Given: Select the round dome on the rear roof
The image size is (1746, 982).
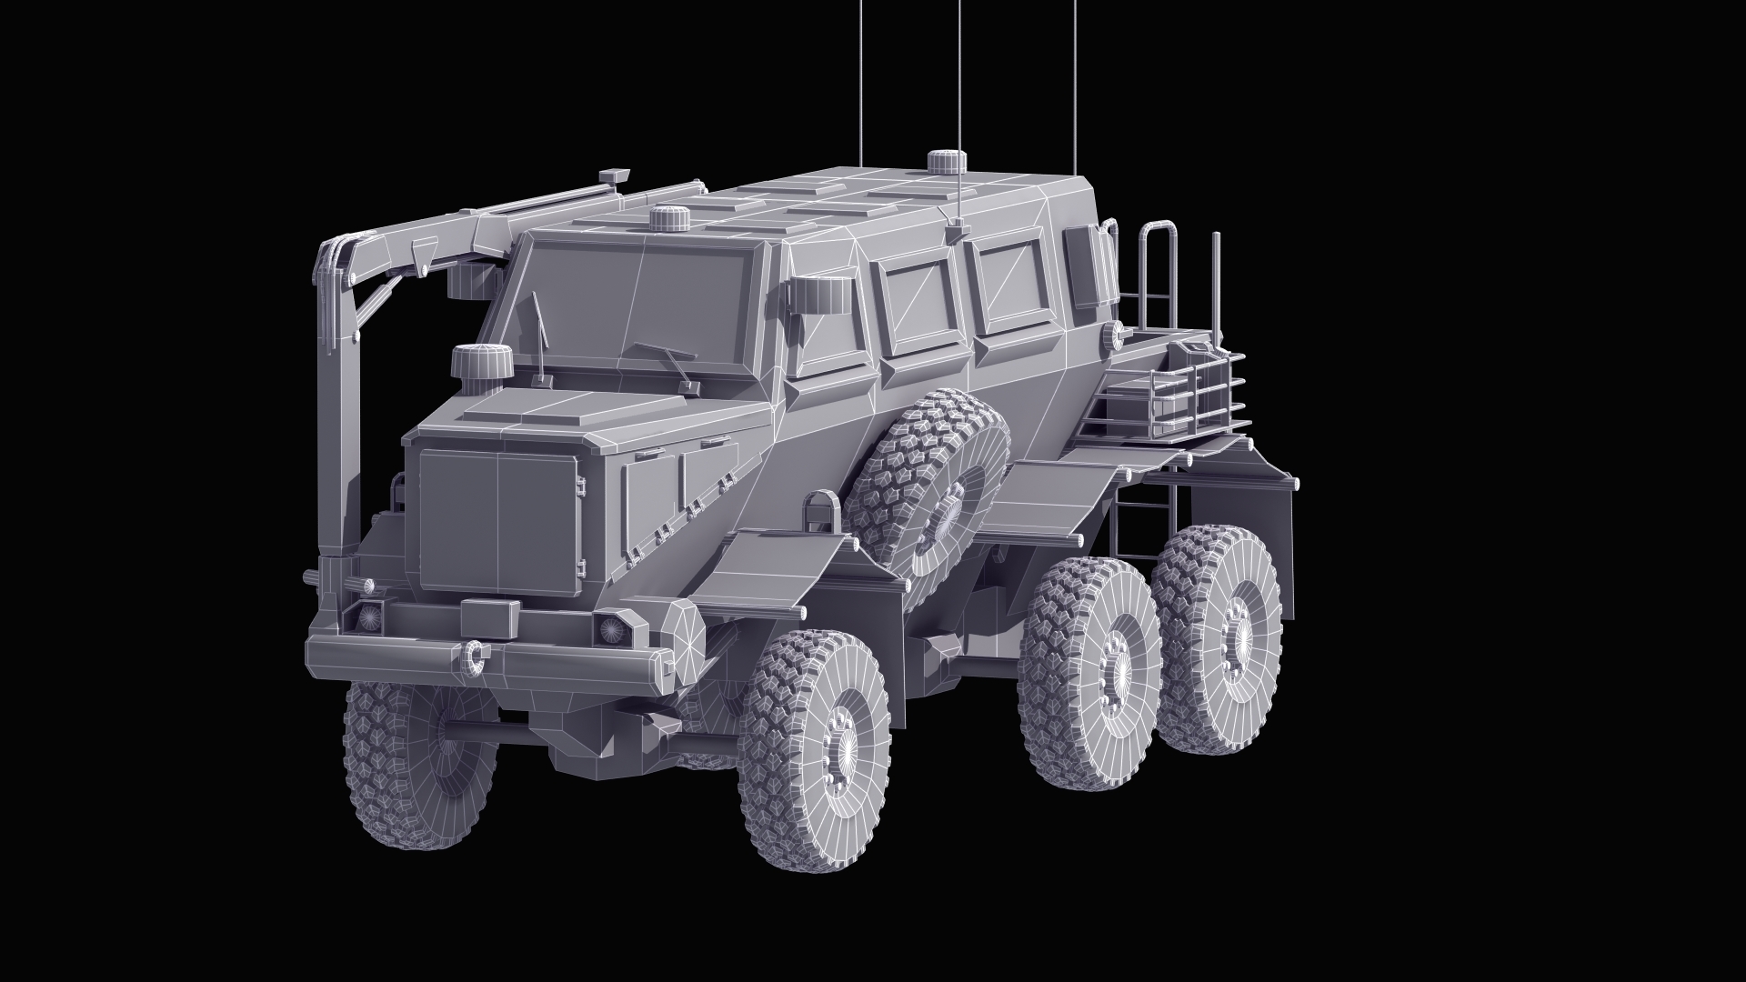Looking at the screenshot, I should click(x=946, y=163).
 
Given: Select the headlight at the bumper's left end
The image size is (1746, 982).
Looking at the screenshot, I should click(x=370, y=616).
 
